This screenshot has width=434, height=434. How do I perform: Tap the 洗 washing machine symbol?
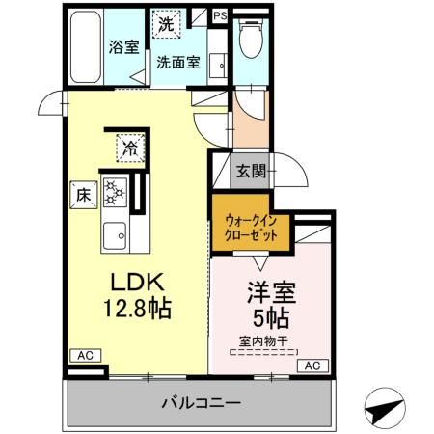167,24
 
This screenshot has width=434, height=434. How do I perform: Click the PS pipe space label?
221,15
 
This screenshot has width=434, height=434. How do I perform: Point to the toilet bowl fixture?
250,39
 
